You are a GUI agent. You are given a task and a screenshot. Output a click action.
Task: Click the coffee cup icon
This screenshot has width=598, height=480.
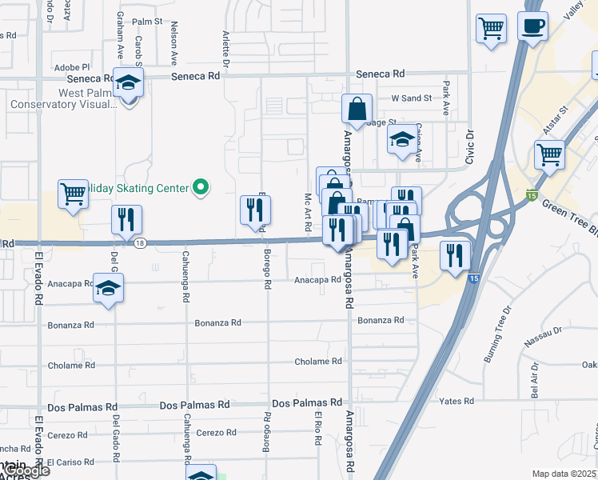[x=532, y=26]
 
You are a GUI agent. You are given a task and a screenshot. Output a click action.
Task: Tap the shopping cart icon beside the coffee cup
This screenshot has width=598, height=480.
[x=492, y=29]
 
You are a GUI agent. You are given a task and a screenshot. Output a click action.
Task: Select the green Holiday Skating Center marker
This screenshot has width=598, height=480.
[x=201, y=188]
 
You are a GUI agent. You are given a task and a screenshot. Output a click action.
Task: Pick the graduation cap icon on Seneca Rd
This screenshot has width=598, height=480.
[x=127, y=83]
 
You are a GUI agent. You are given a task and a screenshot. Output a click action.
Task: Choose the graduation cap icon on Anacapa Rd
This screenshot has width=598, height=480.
[x=109, y=289]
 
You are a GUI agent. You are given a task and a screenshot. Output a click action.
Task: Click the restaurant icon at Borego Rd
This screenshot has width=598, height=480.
[x=256, y=210]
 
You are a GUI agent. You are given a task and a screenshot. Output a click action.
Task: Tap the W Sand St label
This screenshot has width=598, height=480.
[x=411, y=98]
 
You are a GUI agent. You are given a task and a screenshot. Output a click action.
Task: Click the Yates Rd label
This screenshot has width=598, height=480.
[x=456, y=401]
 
